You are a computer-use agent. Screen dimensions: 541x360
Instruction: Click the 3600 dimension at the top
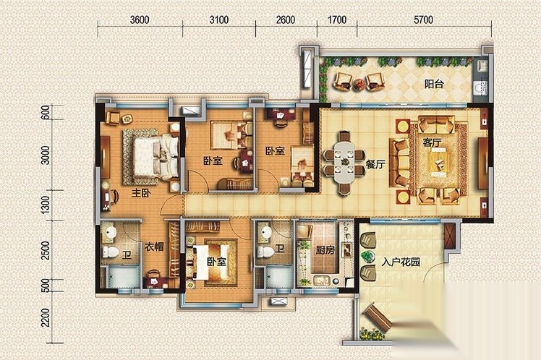coord(140,20)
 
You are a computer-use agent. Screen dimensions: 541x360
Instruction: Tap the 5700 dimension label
coord(423,20)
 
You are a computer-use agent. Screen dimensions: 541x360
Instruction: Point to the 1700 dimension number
coord(337,20)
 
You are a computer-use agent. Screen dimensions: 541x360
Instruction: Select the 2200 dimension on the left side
coord(45,317)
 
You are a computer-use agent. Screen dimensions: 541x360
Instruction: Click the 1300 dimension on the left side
coord(45,205)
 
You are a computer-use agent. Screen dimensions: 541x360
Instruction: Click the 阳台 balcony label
coord(434,84)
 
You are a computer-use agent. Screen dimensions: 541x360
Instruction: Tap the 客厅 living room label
coord(433,142)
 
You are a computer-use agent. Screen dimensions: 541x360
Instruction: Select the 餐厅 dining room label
coord(375,165)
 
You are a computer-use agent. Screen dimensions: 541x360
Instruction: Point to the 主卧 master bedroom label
coord(141,193)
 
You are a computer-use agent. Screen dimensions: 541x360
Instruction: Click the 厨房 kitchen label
coord(325,249)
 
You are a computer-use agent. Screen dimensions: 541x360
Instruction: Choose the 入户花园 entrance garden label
coord(401,262)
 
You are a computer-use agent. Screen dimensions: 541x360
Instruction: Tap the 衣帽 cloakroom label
coord(154,247)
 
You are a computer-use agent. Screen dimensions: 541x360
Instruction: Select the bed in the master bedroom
coord(151,158)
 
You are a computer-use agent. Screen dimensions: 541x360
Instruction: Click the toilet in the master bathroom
coord(111,252)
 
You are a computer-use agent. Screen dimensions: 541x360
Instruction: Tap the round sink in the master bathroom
coord(110,232)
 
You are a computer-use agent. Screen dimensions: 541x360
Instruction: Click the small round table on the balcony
coord(359,84)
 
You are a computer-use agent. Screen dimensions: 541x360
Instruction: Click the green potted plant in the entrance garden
coord(367,256)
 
